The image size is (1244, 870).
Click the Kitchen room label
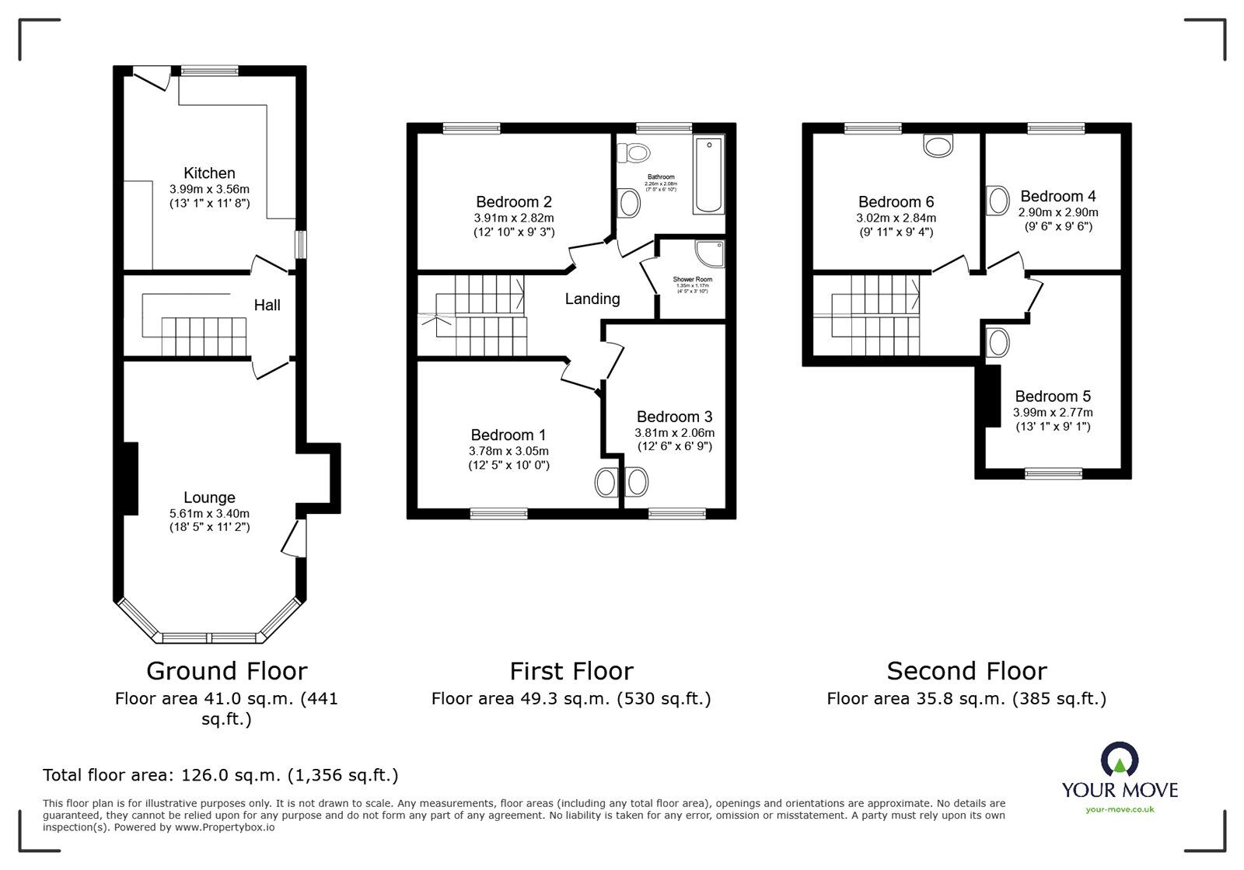209,173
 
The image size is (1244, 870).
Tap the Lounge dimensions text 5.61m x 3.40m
209,513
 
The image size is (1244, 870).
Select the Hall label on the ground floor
267,305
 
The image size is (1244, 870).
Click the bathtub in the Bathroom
708,176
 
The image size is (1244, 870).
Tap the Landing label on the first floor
592,299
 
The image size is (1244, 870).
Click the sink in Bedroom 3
636,483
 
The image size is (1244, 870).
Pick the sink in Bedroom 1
606,483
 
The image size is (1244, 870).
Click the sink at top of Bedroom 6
938,145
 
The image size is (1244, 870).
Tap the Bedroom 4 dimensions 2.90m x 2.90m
1058,212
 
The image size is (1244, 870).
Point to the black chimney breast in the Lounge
131,478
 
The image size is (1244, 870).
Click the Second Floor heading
966,671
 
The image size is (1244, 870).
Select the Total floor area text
220,775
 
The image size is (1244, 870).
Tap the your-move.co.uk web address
1120,809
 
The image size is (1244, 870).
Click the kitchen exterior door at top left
152,77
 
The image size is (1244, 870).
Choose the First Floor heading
571,671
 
